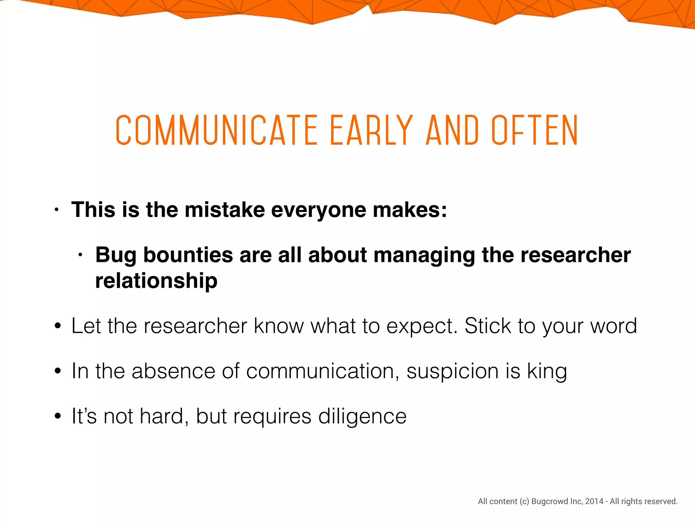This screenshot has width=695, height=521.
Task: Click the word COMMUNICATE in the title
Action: (x=217, y=130)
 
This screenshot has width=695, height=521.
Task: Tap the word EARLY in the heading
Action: (x=371, y=130)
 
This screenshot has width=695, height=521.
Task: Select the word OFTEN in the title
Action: (x=534, y=130)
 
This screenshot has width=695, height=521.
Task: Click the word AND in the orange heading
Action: (x=452, y=130)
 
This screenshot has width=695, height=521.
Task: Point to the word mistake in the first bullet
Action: (x=224, y=210)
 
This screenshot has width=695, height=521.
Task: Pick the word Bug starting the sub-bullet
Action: (x=116, y=255)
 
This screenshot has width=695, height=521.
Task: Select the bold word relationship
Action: (x=156, y=281)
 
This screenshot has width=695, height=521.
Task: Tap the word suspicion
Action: (x=453, y=371)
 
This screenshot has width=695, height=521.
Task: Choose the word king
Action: (x=547, y=371)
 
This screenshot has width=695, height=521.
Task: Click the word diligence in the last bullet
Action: (x=362, y=417)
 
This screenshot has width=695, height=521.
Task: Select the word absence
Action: (x=173, y=371)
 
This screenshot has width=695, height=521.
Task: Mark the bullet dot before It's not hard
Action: (x=58, y=416)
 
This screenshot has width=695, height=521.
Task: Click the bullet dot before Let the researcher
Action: (x=58, y=326)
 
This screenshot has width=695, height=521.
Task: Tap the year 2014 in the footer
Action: (x=594, y=501)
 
